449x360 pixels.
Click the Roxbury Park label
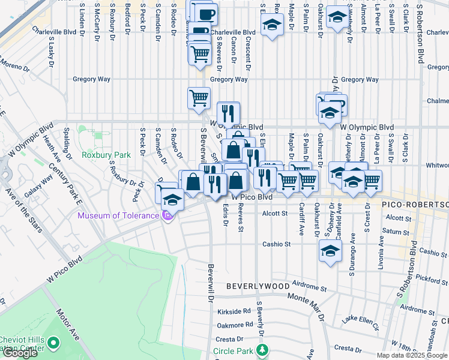coord(106,155)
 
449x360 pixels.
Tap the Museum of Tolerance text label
coord(118,215)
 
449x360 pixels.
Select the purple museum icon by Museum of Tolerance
coord(168,215)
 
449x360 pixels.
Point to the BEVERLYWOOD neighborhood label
coord(258,287)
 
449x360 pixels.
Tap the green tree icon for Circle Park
coord(262,350)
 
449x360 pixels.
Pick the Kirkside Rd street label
coord(234,311)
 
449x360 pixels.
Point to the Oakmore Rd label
coord(235,325)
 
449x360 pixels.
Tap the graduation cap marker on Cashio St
coord(330,251)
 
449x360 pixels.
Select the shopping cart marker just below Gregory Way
coord(199,97)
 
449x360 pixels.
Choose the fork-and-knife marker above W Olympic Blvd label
coord(228,112)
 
